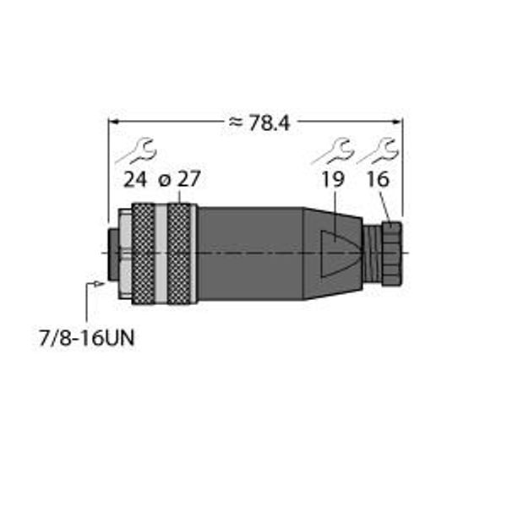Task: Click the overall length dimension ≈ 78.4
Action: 259,123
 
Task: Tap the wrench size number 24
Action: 135,179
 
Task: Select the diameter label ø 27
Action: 180,179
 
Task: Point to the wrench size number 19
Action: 333,179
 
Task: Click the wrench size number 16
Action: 378,179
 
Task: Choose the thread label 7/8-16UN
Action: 86,339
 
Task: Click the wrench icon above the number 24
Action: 136,150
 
